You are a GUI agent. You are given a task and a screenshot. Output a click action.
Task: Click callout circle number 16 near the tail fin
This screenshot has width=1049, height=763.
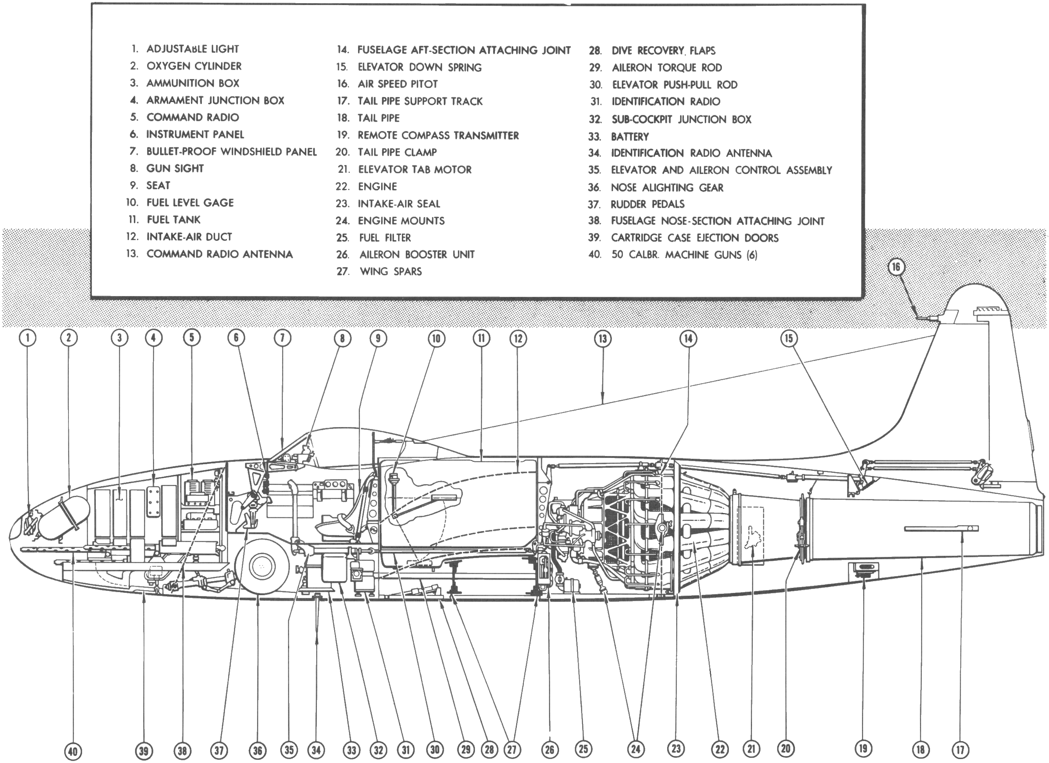pos(896,267)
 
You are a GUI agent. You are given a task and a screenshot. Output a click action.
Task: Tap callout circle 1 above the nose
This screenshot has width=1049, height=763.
pos(28,338)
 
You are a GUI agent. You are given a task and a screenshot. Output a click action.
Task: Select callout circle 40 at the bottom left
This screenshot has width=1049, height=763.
pos(73,751)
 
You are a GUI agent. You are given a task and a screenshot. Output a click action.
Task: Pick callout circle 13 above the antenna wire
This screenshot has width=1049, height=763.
pos(602,339)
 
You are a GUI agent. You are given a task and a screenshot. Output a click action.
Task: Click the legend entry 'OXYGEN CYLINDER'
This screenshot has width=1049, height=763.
pos(194,66)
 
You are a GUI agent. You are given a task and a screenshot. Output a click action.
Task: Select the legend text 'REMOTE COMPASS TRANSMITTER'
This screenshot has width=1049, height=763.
pos(438,135)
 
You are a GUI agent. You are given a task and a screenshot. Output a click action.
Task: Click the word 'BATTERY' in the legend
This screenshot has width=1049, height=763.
pos(630,137)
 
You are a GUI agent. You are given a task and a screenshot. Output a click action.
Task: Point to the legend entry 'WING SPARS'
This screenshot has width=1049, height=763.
pos(391,271)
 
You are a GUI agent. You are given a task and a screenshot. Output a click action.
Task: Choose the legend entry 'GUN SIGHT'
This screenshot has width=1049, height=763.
pos(175,168)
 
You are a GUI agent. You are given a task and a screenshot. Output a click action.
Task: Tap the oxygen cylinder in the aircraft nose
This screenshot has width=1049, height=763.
pos(65,517)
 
